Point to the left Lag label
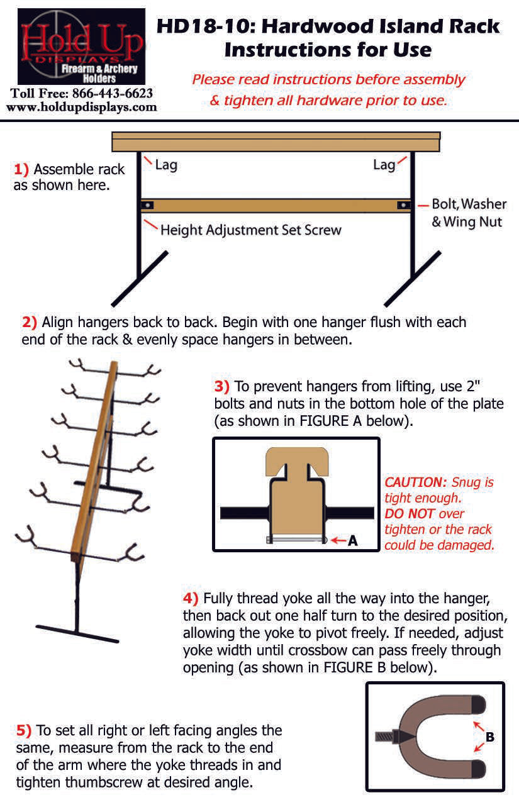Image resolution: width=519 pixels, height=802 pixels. coord(165,165)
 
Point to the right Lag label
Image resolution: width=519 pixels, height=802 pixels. coord(384,165)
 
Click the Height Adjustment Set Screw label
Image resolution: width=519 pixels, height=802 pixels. coord(250,230)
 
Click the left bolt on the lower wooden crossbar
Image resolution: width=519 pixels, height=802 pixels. coord(148,205)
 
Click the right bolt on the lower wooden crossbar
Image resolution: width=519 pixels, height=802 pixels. coord(401,205)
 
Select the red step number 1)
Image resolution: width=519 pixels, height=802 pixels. coord(21,170)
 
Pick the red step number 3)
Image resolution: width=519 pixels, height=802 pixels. coord(222,386)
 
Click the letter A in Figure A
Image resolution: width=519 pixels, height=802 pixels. coord(352,540)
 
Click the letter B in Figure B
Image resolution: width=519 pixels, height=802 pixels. coord(489,737)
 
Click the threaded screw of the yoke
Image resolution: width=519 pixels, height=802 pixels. coord(385,735)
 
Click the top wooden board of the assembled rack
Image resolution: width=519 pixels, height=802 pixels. coord(276,142)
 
